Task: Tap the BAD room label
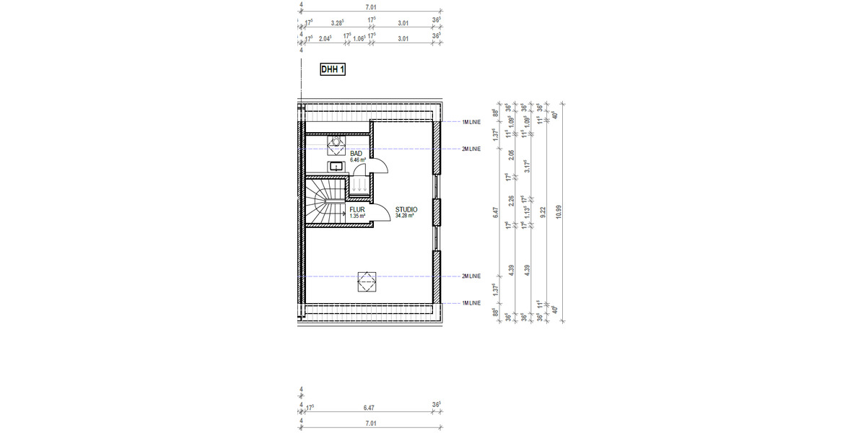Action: (356, 154)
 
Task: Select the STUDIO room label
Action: (406, 209)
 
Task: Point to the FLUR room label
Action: (357, 209)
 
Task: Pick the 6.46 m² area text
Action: (358, 159)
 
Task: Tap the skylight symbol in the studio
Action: (367, 281)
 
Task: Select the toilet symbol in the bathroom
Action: (337, 143)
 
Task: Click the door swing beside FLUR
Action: (383, 210)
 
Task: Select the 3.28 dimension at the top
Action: (337, 24)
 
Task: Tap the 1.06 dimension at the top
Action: (359, 39)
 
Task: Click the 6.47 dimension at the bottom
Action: (370, 408)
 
